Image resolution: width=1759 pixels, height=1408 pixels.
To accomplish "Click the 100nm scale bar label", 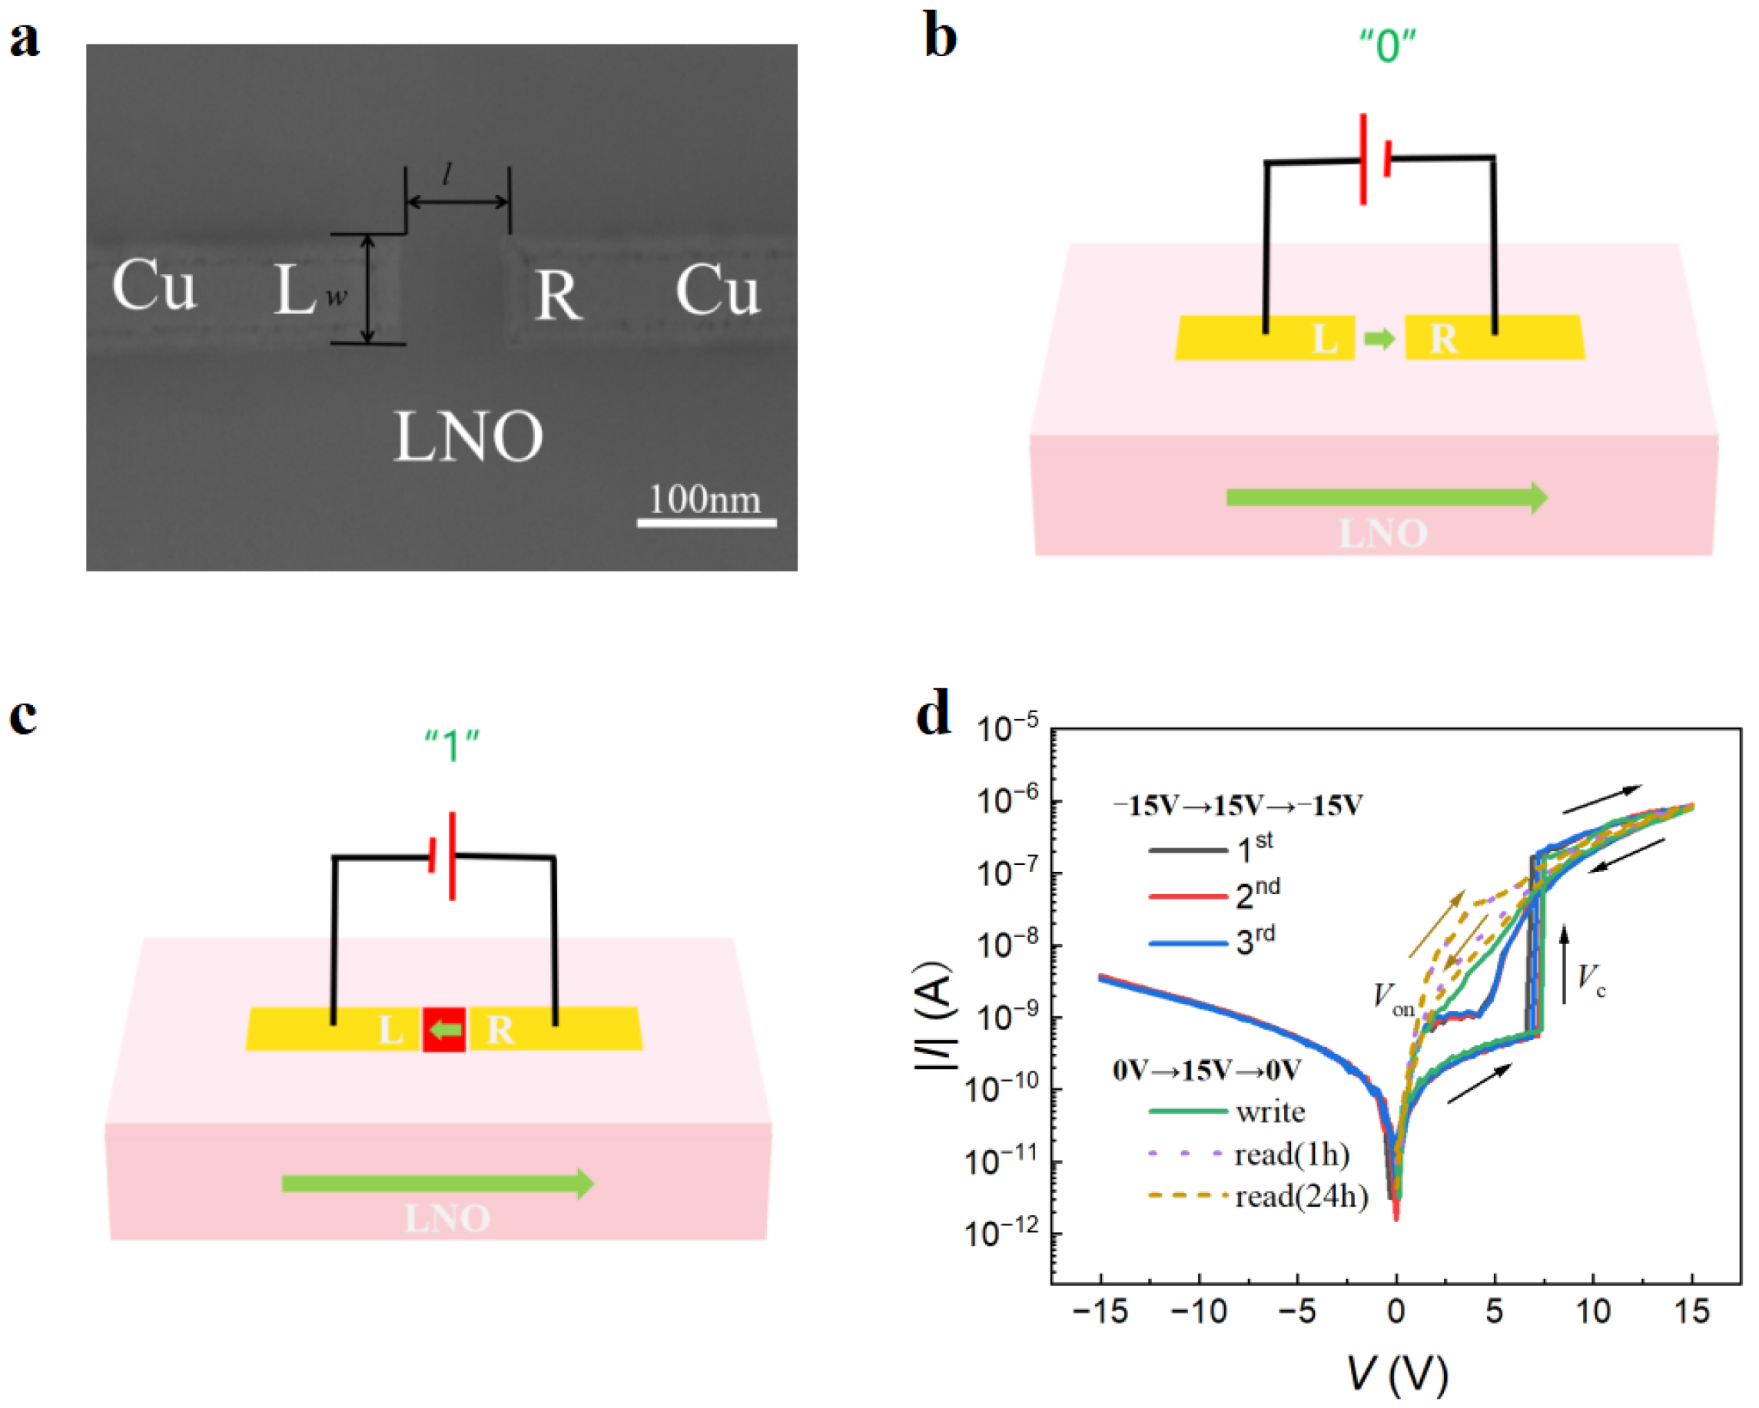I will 704,499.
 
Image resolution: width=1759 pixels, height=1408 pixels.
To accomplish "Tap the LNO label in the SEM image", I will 468,437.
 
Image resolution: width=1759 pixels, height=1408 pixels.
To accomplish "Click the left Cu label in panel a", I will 154,286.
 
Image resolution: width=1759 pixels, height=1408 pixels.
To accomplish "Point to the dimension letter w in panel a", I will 336,297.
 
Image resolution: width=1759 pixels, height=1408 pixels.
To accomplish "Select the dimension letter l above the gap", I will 447,173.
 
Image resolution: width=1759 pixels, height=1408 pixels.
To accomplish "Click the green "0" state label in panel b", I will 1387,47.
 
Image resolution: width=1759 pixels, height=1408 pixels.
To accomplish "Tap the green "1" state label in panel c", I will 451,745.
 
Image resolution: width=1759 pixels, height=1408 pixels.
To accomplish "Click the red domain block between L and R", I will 445,1029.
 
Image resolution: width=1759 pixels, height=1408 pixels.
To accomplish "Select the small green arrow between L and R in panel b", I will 1379,338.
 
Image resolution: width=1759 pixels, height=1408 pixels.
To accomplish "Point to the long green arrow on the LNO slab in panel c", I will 438,1184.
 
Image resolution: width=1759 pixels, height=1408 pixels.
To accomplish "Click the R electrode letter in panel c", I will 500,1030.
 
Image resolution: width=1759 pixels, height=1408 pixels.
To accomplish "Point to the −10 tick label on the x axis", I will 1199,1312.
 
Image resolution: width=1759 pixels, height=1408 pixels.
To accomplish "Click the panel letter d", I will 934,714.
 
